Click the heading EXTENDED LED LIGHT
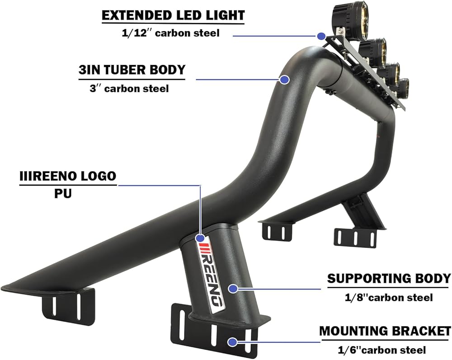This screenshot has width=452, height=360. (173, 15)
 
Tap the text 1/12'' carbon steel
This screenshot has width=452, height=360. (173, 33)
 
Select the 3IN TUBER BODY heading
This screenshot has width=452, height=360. (132, 70)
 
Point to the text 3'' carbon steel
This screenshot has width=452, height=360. (129, 88)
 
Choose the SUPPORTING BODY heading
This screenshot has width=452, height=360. (389, 278)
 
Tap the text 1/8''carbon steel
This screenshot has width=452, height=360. (388, 297)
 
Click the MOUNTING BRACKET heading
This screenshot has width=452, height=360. (385, 331)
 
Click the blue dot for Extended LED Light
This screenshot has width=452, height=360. (321, 36)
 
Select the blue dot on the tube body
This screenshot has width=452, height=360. (284, 79)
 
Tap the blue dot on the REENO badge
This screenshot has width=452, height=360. (199, 237)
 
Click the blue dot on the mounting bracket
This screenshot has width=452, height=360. (232, 342)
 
